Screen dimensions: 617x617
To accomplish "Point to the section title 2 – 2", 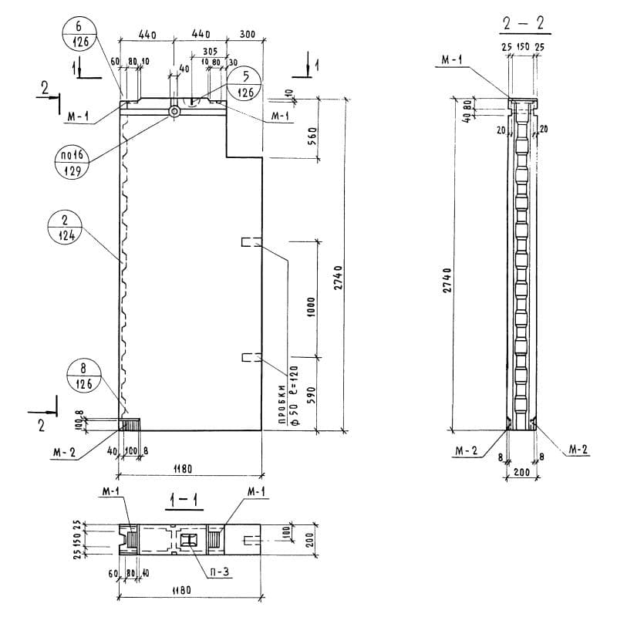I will click(x=523, y=24).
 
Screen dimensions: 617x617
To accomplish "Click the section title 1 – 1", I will click(x=183, y=501).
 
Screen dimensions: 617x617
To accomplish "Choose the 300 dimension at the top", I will click(x=247, y=35).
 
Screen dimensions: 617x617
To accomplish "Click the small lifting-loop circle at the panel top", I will click(x=175, y=111).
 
